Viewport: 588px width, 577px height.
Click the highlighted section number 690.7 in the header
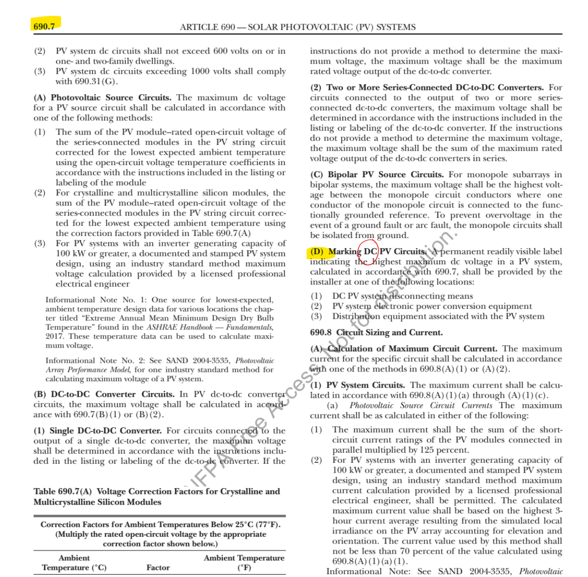(x=44, y=26)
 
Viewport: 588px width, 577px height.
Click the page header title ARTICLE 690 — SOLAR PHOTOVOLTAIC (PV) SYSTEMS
(x=297, y=27)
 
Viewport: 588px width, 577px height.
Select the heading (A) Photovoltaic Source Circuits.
(x=102, y=98)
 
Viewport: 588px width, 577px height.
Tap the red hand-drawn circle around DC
(x=368, y=251)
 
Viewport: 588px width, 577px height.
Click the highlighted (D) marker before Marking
(x=317, y=252)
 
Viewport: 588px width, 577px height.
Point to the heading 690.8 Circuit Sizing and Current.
(x=376, y=333)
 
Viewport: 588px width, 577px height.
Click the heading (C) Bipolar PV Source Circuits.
(x=377, y=175)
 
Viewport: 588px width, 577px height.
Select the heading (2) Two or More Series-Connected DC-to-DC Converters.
(x=427, y=88)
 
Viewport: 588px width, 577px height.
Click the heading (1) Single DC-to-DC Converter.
(x=97, y=431)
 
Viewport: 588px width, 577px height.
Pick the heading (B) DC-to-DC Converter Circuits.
(x=104, y=394)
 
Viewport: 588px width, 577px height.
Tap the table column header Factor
(x=158, y=567)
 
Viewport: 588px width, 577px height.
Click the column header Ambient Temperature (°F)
(x=244, y=562)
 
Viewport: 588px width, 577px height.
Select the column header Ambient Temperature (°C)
(x=74, y=562)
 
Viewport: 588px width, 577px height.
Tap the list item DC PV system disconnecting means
(x=402, y=296)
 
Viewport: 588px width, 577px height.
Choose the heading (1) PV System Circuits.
(x=358, y=385)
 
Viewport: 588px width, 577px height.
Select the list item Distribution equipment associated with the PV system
(x=438, y=317)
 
